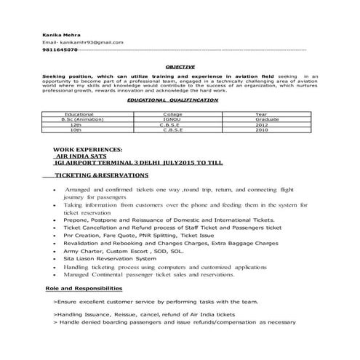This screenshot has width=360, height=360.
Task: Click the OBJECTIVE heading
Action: [x=180, y=67]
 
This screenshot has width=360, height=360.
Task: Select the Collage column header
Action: [x=172, y=114]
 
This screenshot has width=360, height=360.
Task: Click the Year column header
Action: [x=261, y=114]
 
